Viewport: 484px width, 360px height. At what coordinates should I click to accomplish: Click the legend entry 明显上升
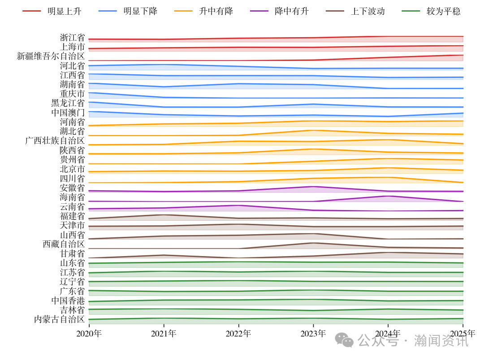pos(65,11)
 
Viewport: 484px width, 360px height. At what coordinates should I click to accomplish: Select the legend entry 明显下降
pos(140,11)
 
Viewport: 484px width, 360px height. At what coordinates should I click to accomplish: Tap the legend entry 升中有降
pos(216,11)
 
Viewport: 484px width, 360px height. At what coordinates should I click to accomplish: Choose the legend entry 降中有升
pos(292,11)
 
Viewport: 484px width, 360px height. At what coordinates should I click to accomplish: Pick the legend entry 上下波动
pos(367,11)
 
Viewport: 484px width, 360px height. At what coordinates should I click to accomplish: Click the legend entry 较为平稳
pos(443,11)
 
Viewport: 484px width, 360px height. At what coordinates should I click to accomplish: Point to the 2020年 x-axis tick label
pos(89,334)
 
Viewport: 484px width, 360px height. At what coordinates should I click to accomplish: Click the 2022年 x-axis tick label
pos(238,334)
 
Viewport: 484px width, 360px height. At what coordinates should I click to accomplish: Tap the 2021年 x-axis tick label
pos(164,334)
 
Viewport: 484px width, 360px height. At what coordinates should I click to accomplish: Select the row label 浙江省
pos(72,38)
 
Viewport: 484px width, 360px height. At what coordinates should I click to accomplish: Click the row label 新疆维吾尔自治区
pos(51,56)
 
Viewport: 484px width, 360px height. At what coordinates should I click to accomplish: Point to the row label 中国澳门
pos(68,112)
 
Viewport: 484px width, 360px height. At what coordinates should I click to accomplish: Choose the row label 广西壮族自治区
pos(55,141)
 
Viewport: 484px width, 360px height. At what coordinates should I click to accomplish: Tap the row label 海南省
pos(72,197)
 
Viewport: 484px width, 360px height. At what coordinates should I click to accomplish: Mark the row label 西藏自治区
pos(64,244)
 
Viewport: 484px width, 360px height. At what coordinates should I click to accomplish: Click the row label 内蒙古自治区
pos(59,319)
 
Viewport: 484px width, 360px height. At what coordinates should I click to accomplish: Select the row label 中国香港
pos(68,300)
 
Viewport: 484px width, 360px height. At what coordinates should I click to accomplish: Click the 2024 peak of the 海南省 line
pos(388,196)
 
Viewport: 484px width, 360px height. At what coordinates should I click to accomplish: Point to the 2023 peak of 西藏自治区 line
pos(313,243)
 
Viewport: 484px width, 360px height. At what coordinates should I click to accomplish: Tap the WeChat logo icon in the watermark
pos(344,340)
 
